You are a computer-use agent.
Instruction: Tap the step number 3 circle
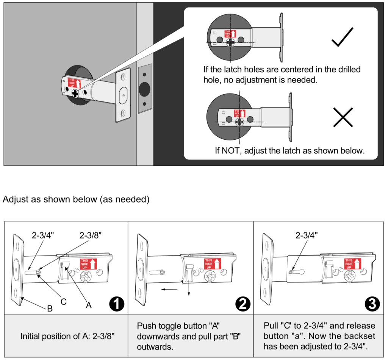coord(372,304)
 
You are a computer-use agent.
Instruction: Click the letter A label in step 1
coord(89,305)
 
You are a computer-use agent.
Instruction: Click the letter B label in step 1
coord(50,309)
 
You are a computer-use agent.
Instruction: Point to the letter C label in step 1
coord(64,302)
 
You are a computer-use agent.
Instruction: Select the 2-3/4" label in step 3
coord(307,235)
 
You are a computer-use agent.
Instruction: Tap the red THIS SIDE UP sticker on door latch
coord(74,83)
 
